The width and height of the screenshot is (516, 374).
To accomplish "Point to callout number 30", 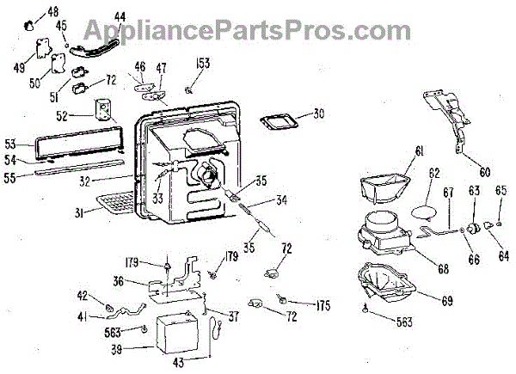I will click(x=296, y=113).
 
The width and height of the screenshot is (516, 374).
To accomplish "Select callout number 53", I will click(x=11, y=143).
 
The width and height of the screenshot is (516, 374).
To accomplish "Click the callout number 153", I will click(x=204, y=64).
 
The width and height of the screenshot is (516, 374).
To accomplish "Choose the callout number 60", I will click(x=485, y=171).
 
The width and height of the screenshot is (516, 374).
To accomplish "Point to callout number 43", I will click(x=178, y=363).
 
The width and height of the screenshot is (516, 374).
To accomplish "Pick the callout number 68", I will click(x=443, y=268).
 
